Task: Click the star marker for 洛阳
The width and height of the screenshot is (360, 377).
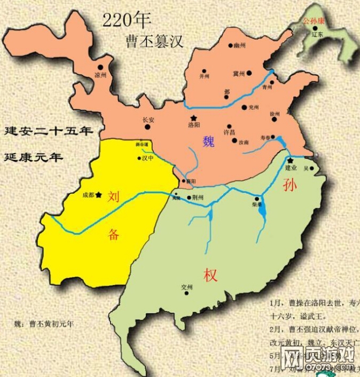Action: click(x=193, y=117)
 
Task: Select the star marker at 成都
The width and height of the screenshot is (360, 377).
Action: click(x=98, y=195)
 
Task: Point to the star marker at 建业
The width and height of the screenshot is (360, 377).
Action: click(x=290, y=160)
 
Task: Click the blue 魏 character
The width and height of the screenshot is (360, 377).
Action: click(x=209, y=142)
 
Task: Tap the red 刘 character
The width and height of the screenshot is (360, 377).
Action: click(x=113, y=197)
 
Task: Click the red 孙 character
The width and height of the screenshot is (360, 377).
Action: click(x=289, y=185)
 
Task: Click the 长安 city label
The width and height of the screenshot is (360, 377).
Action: click(x=148, y=120)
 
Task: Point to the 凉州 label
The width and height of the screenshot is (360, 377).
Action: click(x=100, y=75)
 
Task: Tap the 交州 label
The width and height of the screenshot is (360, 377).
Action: click(x=186, y=287)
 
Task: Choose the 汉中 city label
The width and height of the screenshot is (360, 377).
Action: click(x=147, y=158)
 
